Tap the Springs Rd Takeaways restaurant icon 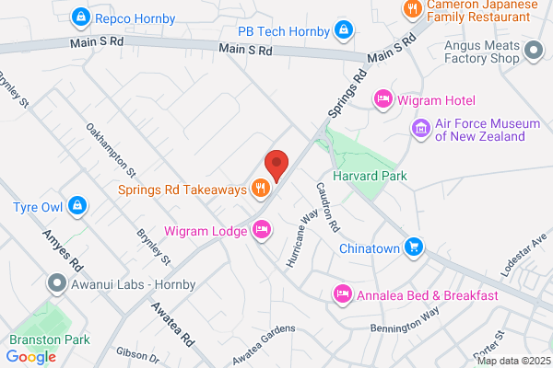(x=261, y=190)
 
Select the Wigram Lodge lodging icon (x=262, y=230)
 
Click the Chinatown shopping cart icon (x=415, y=247)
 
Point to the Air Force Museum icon (x=422, y=127)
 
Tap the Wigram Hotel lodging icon (x=384, y=99)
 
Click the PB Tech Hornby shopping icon (x=344, y=30)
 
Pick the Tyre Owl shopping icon (x=78, y=206)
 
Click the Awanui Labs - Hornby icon (x=59, y=283)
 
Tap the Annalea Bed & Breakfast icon (x=343, y=295)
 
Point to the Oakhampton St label (x=112, y=150)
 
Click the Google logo (x=30, y=357)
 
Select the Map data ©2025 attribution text (x=513, y=360)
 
